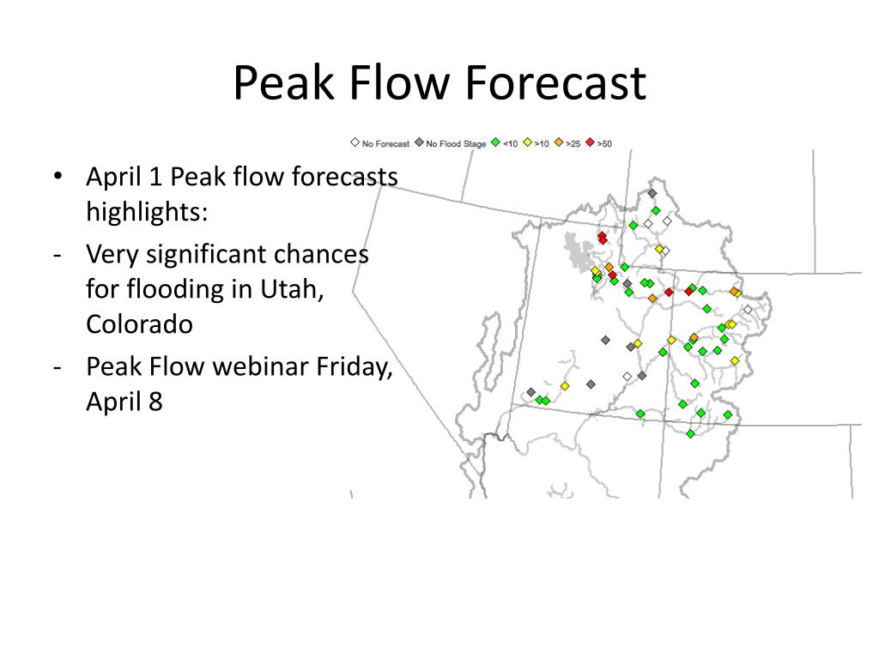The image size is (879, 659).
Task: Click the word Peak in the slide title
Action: [x=283, y=83]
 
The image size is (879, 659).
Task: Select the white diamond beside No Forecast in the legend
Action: [x=355, y=142]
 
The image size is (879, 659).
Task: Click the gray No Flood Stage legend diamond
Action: [x=419, y=142]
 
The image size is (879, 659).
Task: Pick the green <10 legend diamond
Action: [x=495, y=142]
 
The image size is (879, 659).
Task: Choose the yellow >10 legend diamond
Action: [x=528, y=142]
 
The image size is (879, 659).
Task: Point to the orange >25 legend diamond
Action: [x=559, y=142]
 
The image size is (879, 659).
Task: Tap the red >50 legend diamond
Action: [x=591, y=142]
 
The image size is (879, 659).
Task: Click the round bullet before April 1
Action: [x=58, y=176]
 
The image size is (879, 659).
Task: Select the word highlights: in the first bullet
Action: [x=147, y=212]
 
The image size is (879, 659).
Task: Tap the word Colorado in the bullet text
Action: [x=140, y=323]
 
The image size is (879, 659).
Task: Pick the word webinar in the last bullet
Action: [x=261, y=366]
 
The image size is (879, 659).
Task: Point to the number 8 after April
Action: [x=156, y=402]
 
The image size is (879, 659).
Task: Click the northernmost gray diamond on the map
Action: [x=652, y=193]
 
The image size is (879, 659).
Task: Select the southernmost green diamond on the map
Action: [x=691, y=433]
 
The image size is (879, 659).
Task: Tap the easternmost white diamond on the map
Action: [x=748, y=309]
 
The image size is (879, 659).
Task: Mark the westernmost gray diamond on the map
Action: [x=530, y=393]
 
